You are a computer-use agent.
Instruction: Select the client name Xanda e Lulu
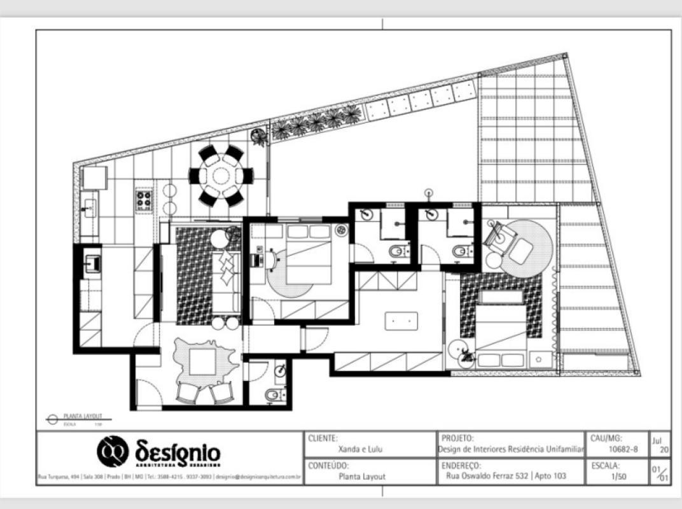click(360, 449)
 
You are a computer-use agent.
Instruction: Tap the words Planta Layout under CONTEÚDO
click(362, 475)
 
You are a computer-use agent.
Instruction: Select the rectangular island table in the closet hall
click(401, 321)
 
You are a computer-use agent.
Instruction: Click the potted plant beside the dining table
click(258, 137)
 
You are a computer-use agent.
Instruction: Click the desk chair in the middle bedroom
click(272, 258)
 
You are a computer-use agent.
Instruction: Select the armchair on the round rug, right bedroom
click(518, 250)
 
